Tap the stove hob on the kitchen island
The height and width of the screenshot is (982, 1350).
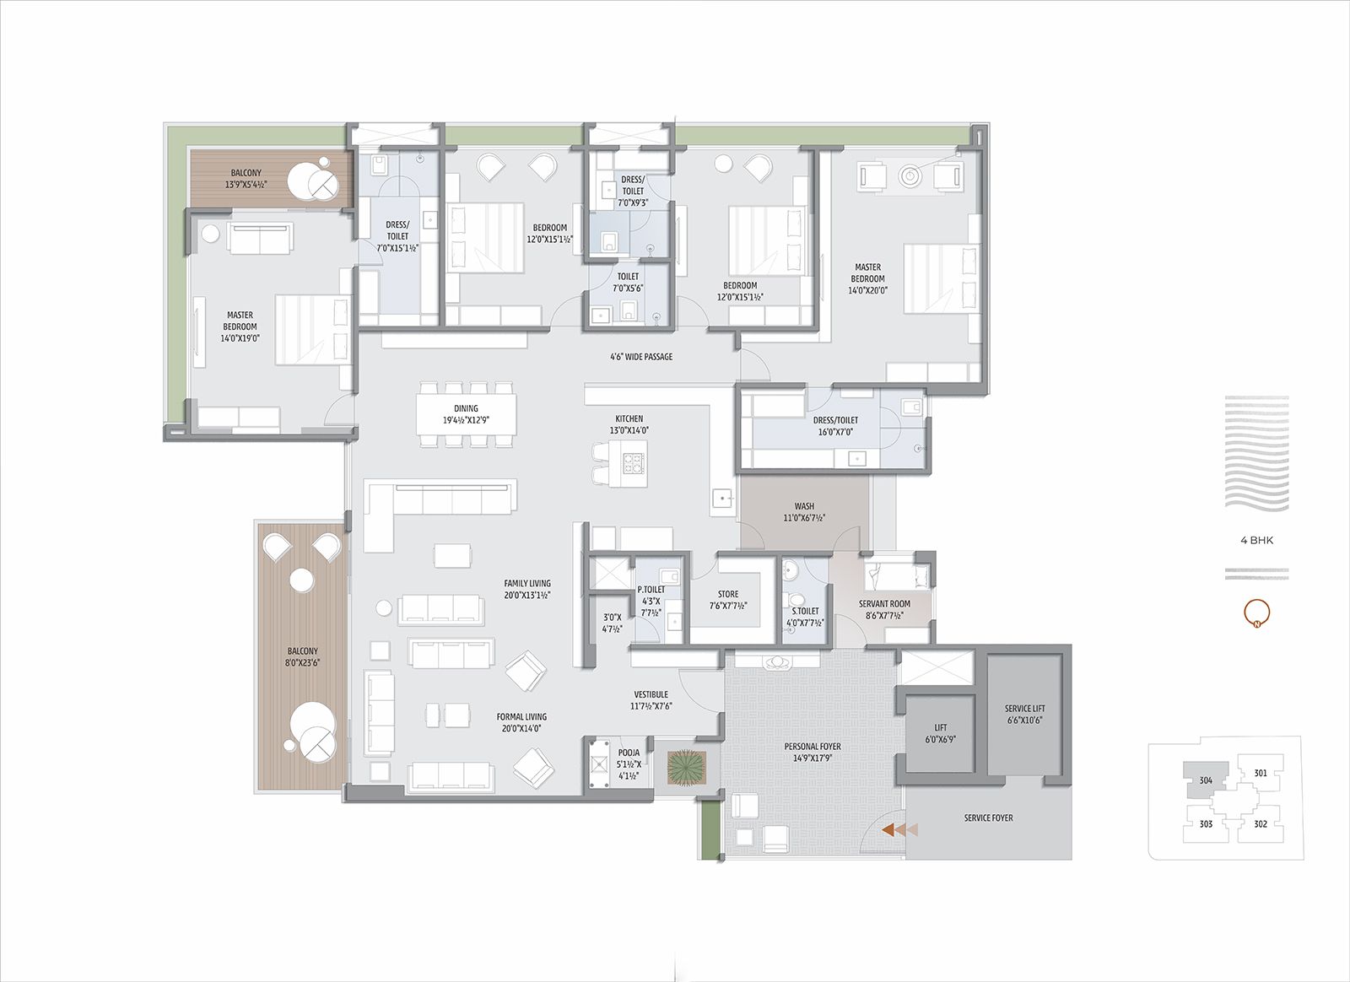633,463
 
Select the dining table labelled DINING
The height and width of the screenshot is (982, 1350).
466,413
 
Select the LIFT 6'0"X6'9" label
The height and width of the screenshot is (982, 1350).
940,732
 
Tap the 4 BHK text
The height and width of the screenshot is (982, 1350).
1256,540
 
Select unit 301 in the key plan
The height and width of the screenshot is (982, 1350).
1260,773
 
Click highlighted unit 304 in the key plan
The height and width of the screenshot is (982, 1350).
1205,780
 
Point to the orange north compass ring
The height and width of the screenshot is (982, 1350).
1256,612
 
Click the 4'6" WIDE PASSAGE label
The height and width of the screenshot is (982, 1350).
641,357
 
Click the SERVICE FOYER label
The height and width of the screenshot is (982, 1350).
988,817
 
